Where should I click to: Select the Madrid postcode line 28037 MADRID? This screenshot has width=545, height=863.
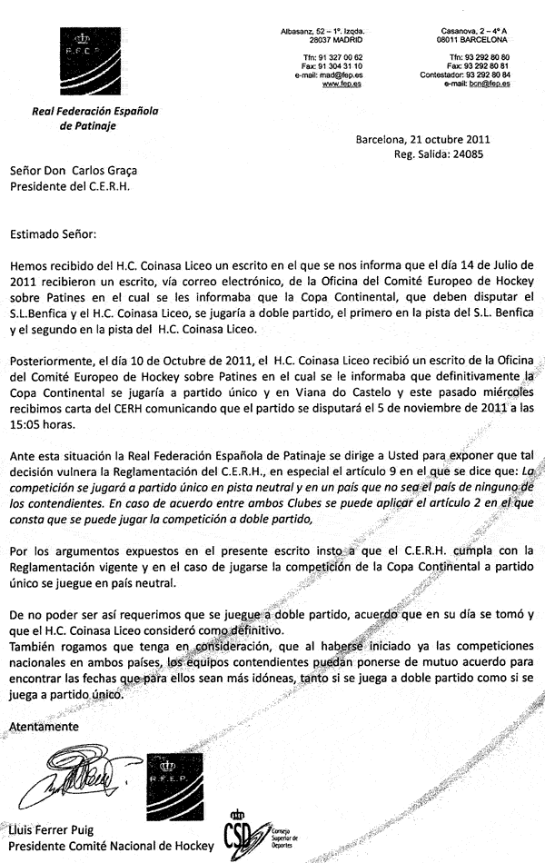336,40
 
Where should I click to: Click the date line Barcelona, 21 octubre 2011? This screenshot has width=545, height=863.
423,140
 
